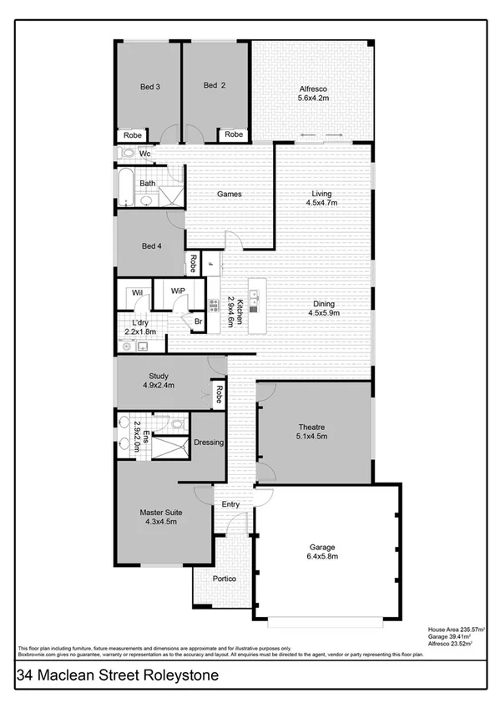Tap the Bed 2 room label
point(215,85)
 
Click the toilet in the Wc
point(127,153)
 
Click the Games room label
point(229,194)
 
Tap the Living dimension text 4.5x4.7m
point(321,202)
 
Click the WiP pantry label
point(178,291)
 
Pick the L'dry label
point(139,321)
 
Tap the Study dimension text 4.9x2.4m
point(158,387)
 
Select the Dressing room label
point(208,442)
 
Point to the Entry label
point(230,504)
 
